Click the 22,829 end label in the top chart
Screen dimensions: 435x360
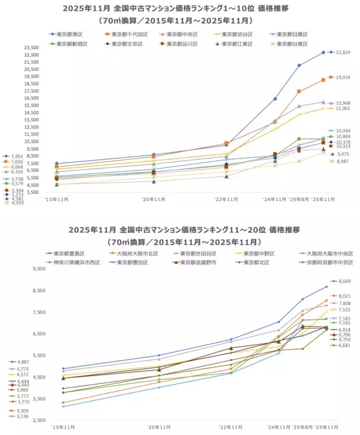tap(343, 53)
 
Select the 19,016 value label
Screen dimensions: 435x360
tap(343, 77)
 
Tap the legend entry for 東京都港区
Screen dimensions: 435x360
tap(70, 34)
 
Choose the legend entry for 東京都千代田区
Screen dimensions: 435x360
tap(127, 34)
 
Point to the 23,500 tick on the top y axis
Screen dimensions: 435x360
tap(31, 47)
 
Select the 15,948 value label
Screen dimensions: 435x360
tap(343, 103)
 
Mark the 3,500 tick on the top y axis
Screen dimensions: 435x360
tap(31, 193)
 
